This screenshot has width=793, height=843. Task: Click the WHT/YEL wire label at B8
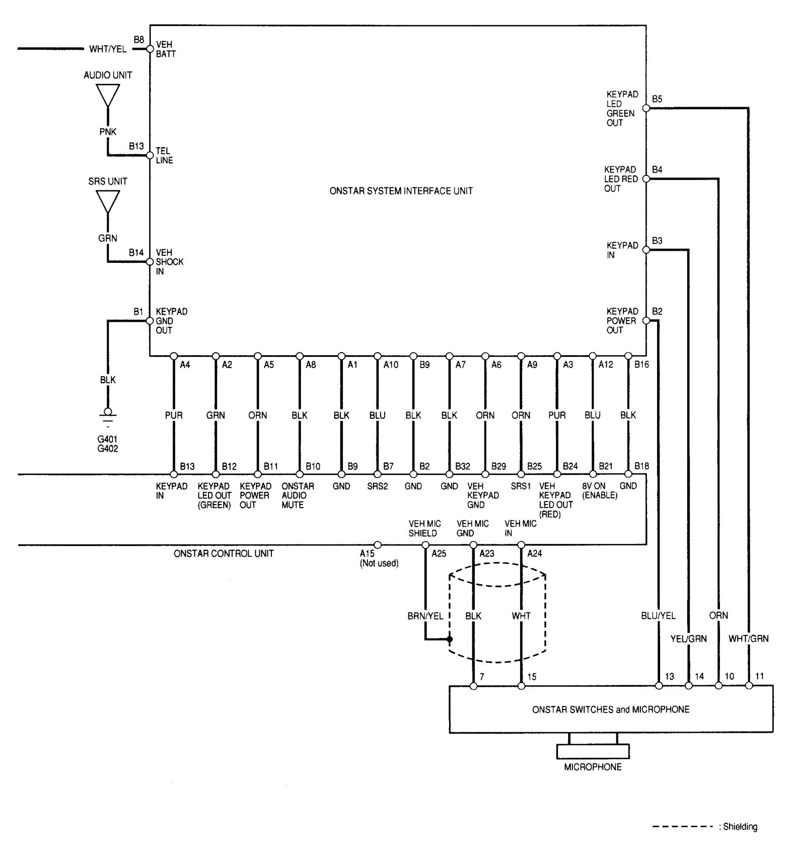pos(108,49)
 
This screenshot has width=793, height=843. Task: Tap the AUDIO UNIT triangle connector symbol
pos(108,95)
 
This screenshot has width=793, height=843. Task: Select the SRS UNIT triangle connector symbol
pos(108,201)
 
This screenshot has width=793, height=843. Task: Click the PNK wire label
pos(108,132)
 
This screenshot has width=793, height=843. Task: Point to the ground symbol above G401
pos(108,413)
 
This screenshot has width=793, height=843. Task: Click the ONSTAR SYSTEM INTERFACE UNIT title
pos(401,191)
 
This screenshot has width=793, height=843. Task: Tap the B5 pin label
pos(657,99)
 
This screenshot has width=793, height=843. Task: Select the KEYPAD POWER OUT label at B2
pos(622,321)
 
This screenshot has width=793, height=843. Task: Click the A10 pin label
pos(391,364)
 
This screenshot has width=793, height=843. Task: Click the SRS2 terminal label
pos(377,486)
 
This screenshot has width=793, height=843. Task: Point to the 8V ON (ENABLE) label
pos(600,491)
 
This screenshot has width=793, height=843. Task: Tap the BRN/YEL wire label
pos(425,616)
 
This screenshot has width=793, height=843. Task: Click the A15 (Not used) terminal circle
pos(377,545)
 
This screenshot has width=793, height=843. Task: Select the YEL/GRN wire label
pos(688,638)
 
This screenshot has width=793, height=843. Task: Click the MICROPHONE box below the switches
pos(593,751)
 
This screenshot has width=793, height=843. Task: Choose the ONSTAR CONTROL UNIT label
pos(223,553)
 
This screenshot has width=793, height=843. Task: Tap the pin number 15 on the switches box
pos(532,677)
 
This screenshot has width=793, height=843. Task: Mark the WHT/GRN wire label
pos(748,638)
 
